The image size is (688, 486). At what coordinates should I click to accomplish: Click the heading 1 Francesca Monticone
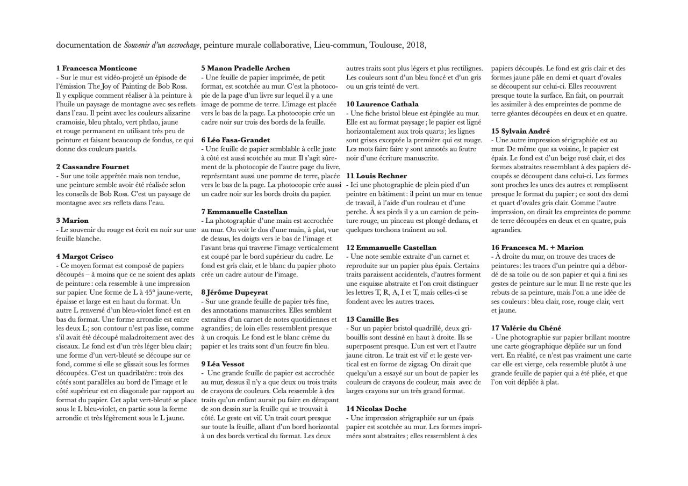point(96,68)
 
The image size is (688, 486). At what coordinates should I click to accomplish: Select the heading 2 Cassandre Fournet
point(92,167)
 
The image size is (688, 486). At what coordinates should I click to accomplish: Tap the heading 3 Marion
point(72,221)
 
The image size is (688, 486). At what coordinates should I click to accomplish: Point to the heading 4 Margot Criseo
point(84,257)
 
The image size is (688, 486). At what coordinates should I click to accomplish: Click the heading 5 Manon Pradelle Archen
point(245,68)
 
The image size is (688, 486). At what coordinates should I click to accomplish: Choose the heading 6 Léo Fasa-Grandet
point(235,140)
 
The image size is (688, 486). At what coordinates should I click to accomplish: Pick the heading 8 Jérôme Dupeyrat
point(234,293)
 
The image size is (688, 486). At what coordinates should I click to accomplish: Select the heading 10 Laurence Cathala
point(382,104)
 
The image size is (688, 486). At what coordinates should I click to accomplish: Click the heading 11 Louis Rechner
point(376,176)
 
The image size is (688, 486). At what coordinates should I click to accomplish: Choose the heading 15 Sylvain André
point(520,131)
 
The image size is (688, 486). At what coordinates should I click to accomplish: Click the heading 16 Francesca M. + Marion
point(537,248)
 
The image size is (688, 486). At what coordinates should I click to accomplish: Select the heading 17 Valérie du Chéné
point(526,328)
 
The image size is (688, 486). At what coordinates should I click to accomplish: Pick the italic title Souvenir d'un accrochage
point(162,45)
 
